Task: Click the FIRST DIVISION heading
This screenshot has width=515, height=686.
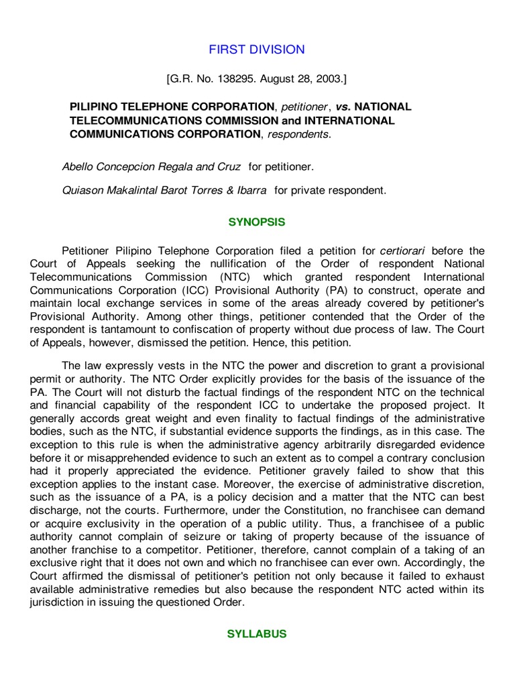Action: (257, 50)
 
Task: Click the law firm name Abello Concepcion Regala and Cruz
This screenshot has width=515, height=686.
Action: (151, 166)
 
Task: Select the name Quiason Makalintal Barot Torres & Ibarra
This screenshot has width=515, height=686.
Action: (164, 190)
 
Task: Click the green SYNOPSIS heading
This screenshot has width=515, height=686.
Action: (257, 222)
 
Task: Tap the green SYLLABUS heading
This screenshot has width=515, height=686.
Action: (257, 634)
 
